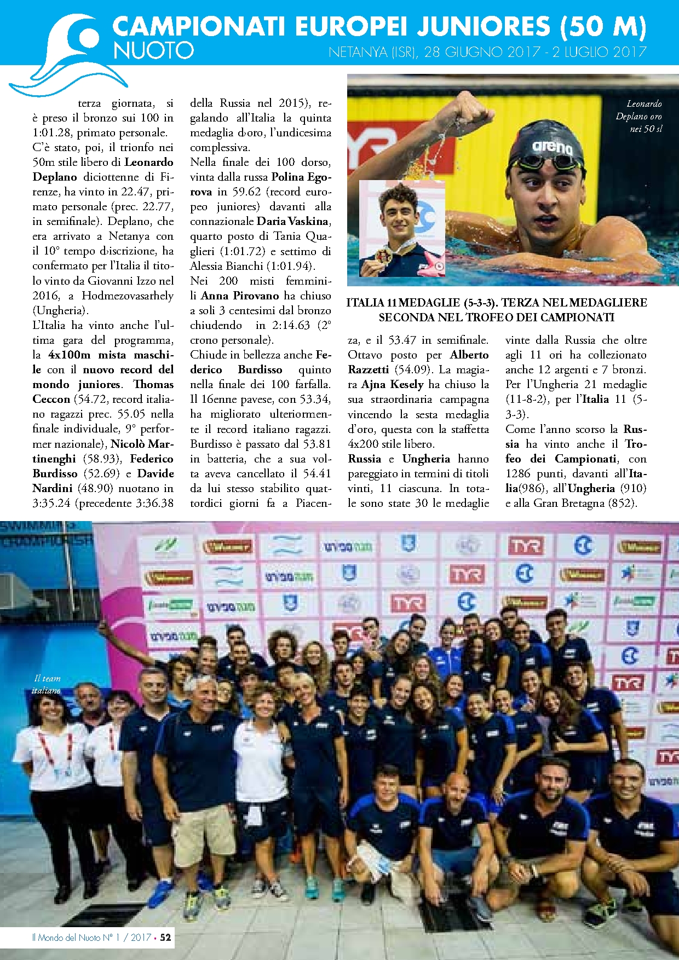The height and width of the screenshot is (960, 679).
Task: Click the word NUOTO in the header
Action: click(x=153, y=51)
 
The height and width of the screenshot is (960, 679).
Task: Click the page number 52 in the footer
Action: click(x=165, y=937)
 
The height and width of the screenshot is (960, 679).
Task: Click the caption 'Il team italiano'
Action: click(x=47, y=684)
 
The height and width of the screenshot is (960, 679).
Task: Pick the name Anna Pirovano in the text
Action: click(x=240, y=296)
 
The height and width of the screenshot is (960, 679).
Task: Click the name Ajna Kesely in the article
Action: click(x=392, y=385)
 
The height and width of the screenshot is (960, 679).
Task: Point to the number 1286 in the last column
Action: click(x=520, y=473)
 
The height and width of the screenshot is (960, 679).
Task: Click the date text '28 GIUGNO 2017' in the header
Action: click(x=471, y=53)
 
